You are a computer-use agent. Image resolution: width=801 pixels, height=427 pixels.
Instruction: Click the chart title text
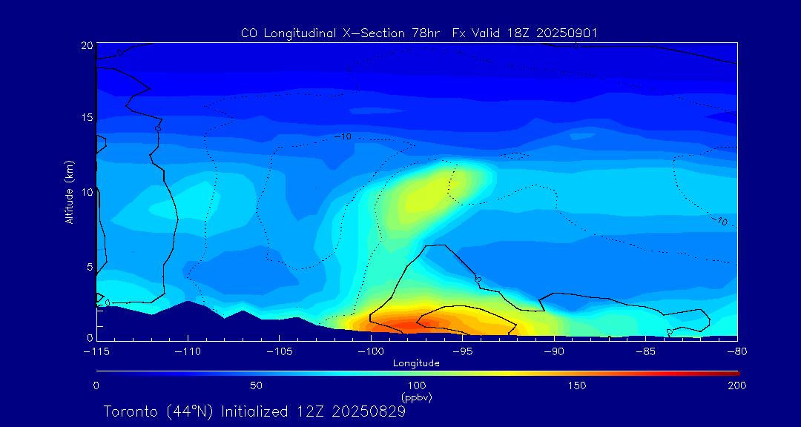coord(419,33)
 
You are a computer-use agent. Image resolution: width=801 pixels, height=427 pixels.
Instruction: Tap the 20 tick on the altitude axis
coord(87,45)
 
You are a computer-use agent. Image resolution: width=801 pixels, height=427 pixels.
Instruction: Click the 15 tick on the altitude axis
coord(87,118)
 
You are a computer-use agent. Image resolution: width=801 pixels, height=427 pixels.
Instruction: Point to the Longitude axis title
coord(416,363)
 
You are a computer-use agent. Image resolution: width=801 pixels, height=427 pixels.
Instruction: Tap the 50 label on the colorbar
coord(256,385)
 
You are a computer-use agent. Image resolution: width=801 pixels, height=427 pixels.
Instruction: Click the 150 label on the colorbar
coord(576,385)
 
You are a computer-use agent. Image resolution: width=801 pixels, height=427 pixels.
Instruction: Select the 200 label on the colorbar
coord(736,385)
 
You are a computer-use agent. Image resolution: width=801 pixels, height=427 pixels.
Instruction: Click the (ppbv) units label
coord(416,397)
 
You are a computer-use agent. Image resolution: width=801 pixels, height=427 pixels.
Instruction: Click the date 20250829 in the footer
coord(368,411)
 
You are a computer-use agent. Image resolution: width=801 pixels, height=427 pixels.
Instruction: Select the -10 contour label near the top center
coord(343,136)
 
